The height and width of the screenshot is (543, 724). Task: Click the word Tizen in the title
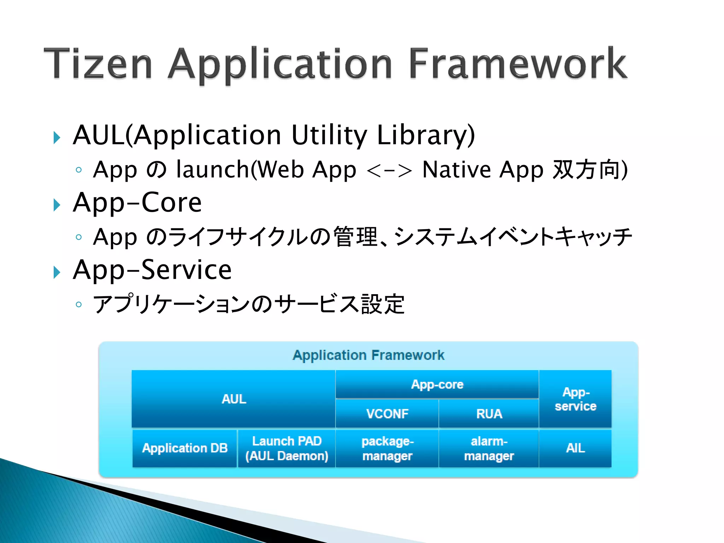pos(98,64)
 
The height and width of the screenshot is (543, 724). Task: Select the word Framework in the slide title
pos(518,64)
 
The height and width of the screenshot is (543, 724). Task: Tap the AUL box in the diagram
pos(233,399)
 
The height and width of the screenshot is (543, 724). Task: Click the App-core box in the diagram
pos(437,384)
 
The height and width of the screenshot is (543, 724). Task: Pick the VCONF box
pos(387,414)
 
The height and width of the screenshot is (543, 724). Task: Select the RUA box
pos(489,414)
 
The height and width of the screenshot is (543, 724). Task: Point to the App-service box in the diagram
pos(575,399)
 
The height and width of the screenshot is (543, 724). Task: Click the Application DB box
pos(185,448)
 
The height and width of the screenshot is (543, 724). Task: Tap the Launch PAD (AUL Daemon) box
pos(287,448)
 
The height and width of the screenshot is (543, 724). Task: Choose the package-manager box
pos(387,448)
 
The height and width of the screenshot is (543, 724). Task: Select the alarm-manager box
pos(489,448)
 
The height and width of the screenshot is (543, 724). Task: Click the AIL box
pos(575,448)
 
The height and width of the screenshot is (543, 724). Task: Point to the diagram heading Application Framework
pos(368,355)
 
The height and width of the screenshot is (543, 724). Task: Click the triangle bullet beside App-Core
pos(57,205)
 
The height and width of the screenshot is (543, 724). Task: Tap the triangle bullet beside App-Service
pos(57,273)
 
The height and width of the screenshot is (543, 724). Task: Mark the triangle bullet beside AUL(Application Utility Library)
pos(57,138)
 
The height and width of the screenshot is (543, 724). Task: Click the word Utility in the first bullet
pos(329,135)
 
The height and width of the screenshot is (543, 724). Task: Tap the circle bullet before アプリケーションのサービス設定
pos(79,304)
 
